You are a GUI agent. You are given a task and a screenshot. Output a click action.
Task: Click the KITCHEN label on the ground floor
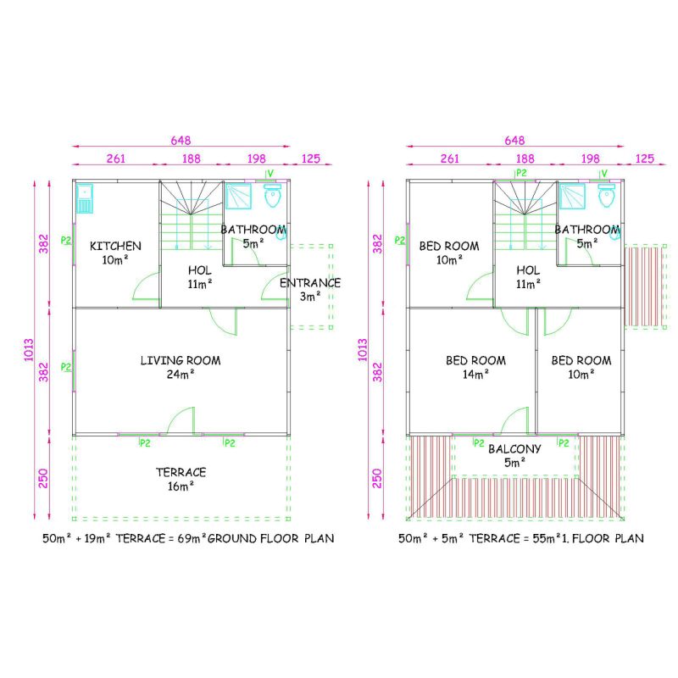click(115, 246)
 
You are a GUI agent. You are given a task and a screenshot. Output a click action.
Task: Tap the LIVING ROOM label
click(181, 360)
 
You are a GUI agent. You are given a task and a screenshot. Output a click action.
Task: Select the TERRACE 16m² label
click(181, 479)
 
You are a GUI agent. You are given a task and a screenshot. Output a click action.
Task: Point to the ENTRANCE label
click(310, 283)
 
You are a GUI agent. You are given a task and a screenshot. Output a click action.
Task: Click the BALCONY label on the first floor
click(514, 449)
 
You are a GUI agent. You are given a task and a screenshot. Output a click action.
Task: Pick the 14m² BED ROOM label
click(475, 367)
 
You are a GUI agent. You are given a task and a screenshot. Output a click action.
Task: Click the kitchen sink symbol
click(84, 198)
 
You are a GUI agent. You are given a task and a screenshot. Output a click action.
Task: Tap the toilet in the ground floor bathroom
click(272, 196)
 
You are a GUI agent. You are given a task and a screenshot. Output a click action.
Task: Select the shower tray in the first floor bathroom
click(571, 197)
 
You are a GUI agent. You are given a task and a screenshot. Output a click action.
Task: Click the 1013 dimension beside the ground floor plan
click(29, 349)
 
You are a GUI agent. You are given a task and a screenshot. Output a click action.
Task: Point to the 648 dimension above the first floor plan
click(514, 140)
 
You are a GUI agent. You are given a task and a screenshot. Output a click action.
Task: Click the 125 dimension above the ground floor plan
click(311, 158)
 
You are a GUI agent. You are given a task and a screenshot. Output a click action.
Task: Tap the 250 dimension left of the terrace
click(43, 478)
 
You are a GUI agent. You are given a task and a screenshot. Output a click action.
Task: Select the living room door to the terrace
click(181, 420)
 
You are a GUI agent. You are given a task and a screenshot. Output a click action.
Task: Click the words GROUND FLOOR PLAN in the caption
click(270, 538)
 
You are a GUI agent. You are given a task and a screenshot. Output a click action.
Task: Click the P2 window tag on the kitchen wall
click(66, 240)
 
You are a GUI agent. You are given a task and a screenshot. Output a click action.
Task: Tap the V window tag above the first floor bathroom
click(604, 174)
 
